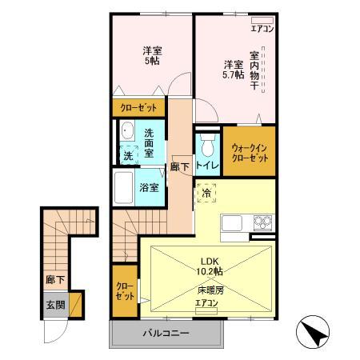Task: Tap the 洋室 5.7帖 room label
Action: pos(233,70)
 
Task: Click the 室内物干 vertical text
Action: pos(254,72)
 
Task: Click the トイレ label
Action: pos(206,166)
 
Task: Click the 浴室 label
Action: pos(149,187)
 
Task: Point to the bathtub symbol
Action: pos(124,188)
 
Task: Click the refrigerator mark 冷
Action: pos(206,193)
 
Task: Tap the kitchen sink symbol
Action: pos(233,223)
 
